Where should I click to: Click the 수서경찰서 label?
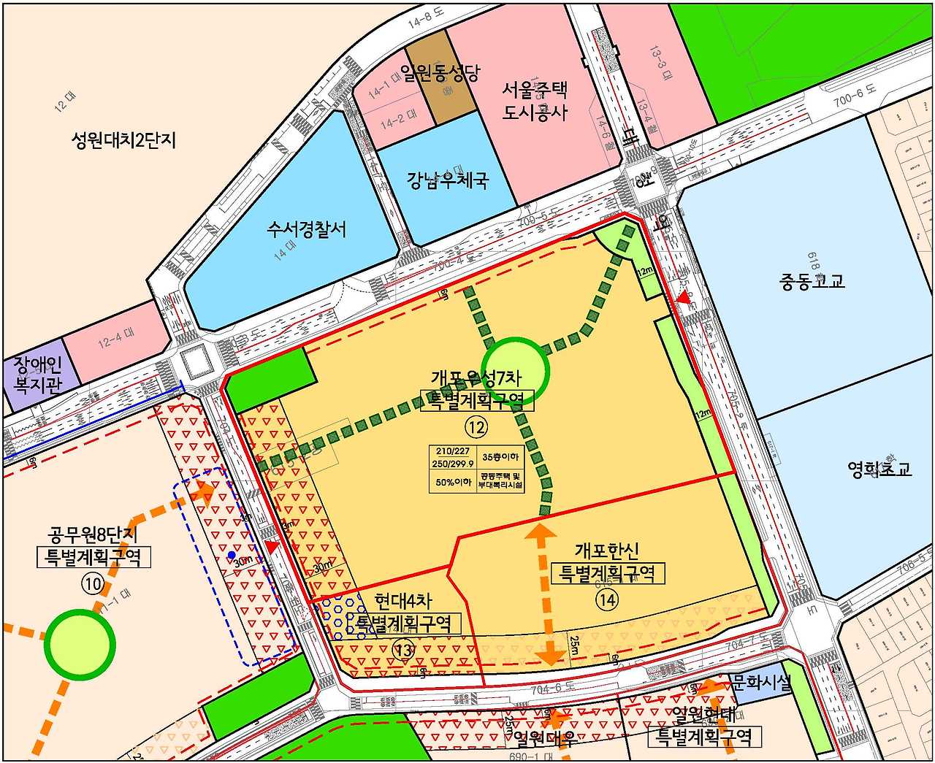[307, 231]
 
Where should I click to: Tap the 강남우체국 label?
[448, 179]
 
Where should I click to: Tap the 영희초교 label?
[879, 469]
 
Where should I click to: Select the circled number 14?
[607, 599]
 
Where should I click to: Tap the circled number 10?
[93, 583]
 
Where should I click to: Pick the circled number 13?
[403, 647]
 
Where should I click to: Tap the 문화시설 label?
[761, 685]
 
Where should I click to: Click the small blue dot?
[232, 556]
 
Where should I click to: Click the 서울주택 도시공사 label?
[535, 101]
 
